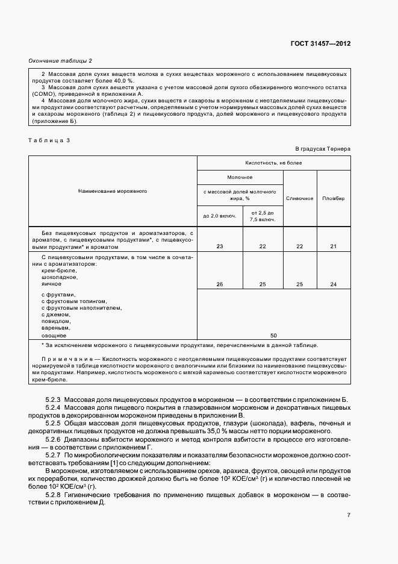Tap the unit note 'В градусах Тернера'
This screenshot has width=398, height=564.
click(x=323, y=148)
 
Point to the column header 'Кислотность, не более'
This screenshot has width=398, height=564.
click(x=274, y=163)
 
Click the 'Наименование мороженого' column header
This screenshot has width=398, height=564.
click(x=113, y=190)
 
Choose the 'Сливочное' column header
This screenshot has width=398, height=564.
click(x=299, y=198)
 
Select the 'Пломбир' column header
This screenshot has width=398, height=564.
click(x=334, y=198)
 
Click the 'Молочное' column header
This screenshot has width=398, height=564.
click(x=240, y=178)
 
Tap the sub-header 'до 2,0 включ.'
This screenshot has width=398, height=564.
click(x=219, y=216)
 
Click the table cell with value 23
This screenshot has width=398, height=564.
click(x=219, y=246)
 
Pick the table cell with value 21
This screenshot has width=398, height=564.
click(x=334, y=246)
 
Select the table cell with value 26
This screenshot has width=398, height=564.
click(x=219, y=284)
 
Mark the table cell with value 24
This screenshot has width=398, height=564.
click(x=334, y=284)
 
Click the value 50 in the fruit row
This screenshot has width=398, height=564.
click(x=273, y=334)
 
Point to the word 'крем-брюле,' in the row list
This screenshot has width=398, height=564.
click(x=59, y=270)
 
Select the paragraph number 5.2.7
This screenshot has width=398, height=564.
click(x=54, y=454)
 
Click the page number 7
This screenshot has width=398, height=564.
click(x=349, y=514)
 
